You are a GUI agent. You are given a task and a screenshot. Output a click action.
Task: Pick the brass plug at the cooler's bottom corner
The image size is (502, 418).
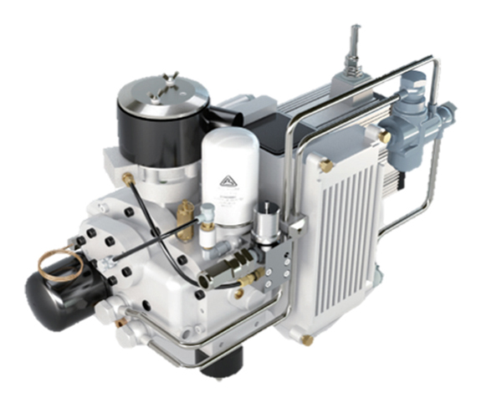307,339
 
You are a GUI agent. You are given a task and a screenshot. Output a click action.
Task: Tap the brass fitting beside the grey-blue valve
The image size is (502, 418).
384,134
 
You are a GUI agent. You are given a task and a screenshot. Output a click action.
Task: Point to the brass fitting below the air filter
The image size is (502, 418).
128,178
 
